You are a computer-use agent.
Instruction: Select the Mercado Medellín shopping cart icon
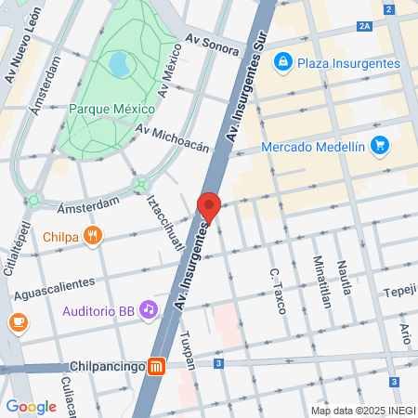(378, 147)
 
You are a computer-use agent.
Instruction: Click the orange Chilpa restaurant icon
(91, 236)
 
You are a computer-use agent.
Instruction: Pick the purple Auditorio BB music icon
(148, 311)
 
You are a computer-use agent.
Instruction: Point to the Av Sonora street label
(212, 42)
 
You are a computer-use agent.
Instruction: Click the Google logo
(31, 407)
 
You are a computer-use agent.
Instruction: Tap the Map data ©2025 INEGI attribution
(363, 410)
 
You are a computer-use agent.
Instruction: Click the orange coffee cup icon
(17, 322)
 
